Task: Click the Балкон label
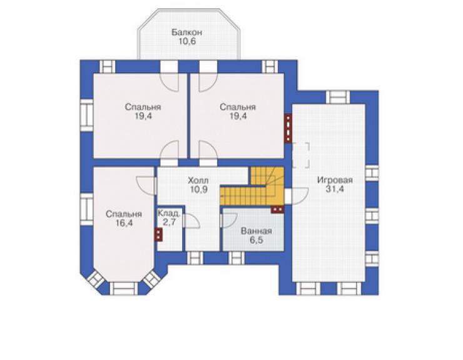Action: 186,32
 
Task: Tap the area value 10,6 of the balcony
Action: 187,41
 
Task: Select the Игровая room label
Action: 335,180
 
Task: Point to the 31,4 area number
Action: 335,189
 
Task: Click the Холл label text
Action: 198,180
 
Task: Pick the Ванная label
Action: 257,231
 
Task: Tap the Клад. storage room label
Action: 168,213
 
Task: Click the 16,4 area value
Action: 124,223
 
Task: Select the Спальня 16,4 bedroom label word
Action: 124,213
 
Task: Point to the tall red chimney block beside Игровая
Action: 288,128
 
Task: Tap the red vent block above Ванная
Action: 277,209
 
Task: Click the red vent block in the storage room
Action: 159,235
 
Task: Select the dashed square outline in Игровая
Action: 301,155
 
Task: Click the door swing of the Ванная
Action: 229,220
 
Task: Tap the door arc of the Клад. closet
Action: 191,220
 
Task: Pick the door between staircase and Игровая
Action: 297,196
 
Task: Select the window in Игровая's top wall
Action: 337,97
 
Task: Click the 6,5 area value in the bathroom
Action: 257,240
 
